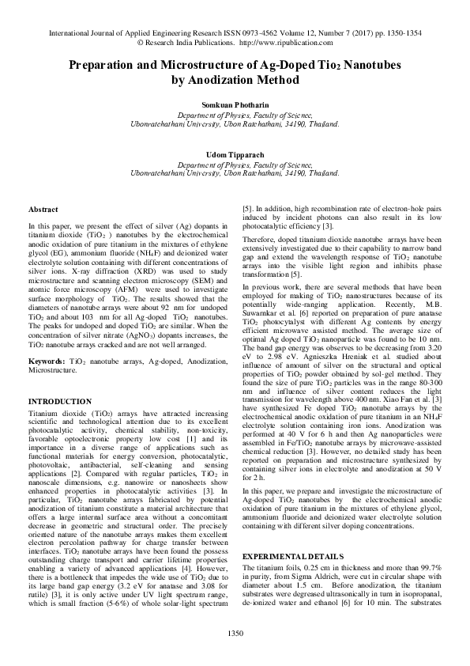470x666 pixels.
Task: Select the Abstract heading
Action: (43, 210)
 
